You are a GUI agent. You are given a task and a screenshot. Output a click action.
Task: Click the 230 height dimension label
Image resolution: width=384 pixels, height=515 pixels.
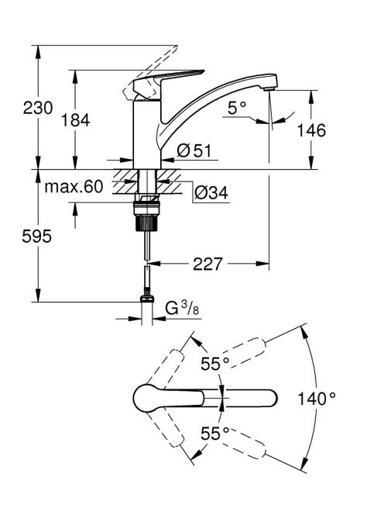coord(38,108)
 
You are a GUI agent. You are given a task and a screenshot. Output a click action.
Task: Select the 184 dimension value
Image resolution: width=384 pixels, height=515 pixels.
coord(75,120)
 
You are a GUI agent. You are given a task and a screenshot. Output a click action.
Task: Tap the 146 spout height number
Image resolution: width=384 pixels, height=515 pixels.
coord(311,130)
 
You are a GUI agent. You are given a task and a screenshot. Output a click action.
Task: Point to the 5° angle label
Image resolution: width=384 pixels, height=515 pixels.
coord(237,108)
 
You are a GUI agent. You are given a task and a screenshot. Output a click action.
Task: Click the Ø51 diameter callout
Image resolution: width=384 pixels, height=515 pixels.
coord(194,150)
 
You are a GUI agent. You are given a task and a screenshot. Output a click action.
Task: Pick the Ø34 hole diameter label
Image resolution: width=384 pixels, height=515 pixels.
coord(211,193)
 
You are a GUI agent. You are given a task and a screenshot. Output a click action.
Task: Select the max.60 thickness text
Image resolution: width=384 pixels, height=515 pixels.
coord(74,187)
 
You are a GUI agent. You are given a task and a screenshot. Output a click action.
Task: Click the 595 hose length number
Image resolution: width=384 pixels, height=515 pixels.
coord(36,236)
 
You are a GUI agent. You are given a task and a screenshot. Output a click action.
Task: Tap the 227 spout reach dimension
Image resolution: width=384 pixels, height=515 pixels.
coord(208,264)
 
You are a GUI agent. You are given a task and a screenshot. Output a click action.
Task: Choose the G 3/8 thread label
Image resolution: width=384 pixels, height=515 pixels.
coord(182,309)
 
